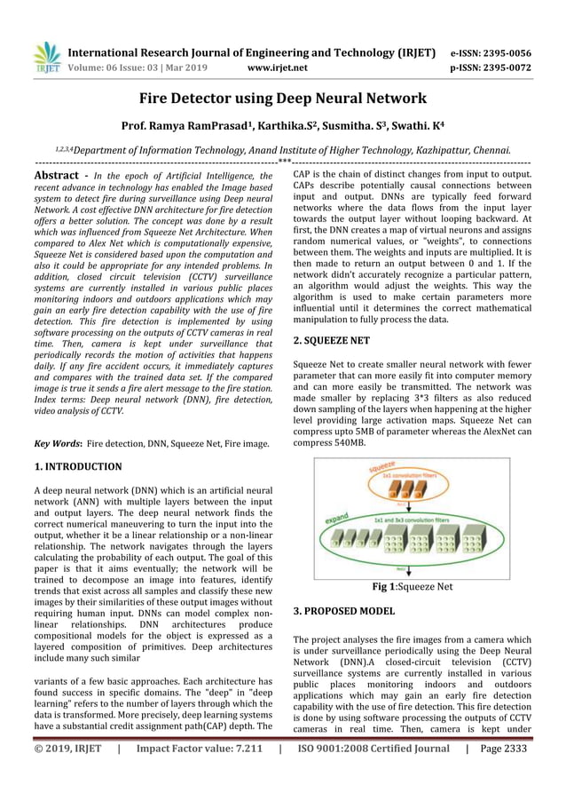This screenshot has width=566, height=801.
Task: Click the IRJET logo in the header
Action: click(x=46, y=57)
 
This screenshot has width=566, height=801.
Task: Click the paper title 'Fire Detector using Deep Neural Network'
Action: click(x=283, y=98)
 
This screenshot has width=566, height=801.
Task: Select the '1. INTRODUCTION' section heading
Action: click(x=78, y=466)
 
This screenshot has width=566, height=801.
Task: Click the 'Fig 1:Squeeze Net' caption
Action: click(x=412, y=586)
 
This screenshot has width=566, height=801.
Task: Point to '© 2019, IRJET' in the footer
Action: click(x=67, y=774)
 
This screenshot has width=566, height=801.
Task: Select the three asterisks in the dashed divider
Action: click(x=283, y=162)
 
